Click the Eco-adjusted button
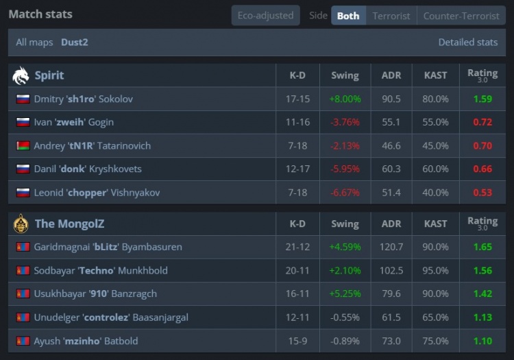click(x=265, y=15)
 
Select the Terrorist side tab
click(x=391, y=15)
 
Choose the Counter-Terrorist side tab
click(x=461, y=15)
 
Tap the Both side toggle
click(x=348, y=15)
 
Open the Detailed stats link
click(x=467, y=42)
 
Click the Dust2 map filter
click(x=75, y=42)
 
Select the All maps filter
click(x=35, y=42)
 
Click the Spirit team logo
click(x=21, y=75)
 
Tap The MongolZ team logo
click(x=21, y=224)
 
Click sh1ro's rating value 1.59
click(x=482, y=99)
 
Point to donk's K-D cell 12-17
click(x=297, y=169)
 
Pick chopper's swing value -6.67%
click(x=345, y=193)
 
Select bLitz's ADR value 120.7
click(x=391, y=247)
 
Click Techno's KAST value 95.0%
click(x=435, y=270)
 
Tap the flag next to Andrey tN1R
click(x=23, y=146)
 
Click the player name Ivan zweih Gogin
click(x=74, y=122)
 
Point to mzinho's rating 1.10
click(x=482, y=341)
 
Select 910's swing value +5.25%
click(x=345, y=293)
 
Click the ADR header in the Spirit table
click(x=391, y=75)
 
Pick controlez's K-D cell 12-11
click(x=297, y=317)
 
